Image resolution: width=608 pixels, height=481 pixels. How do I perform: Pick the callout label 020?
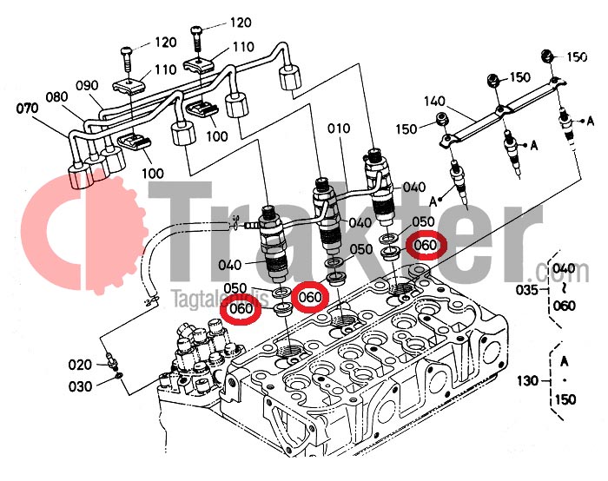point(81,364)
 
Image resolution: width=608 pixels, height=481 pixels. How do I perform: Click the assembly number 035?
point(526,287)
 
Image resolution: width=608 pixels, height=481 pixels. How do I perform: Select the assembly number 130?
point(526,380)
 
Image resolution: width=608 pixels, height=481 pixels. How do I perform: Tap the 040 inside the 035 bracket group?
point(565,268)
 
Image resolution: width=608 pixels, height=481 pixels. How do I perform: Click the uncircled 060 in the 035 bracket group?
point(565,306)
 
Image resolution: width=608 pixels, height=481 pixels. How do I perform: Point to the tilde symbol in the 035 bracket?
point(565,287)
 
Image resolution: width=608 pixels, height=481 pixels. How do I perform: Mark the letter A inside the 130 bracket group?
point(565,360)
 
